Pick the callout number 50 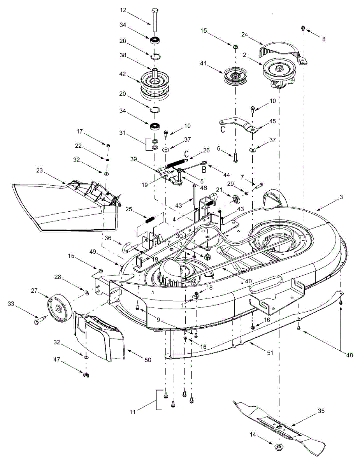point(148,360)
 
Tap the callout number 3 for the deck point(341,198)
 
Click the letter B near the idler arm point(204,169)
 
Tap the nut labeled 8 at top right point(303,28)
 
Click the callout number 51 point(270,353)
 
